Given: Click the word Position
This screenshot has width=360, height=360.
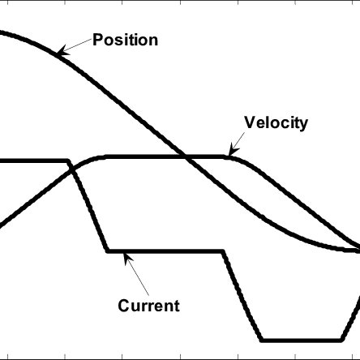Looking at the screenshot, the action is [x=126, y=40].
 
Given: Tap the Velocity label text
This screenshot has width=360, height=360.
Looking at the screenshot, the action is [x=276, y=123].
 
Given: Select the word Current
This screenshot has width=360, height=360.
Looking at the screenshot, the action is [x=148, y=306].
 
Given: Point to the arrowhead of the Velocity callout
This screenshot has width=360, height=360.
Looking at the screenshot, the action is [x=234, y=151].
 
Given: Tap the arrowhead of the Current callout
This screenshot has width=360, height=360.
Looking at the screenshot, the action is [x=127, y=258].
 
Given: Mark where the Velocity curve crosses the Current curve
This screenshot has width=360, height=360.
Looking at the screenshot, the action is [x=71, y=169].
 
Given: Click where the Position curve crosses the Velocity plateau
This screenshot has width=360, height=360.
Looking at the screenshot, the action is [x=186, y=156].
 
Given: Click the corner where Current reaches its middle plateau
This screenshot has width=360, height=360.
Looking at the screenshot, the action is [x=108, y=251].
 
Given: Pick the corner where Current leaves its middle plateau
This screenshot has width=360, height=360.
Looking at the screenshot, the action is [x=223, y=251].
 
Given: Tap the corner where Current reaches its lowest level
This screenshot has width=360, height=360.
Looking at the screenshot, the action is [x=262, y=340].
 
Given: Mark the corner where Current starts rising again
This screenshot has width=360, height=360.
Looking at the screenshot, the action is [x=342, y=340].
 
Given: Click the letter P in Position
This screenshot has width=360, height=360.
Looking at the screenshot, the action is [x=97, y=40].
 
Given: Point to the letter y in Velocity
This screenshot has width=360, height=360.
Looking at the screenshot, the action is [x=304, y=126].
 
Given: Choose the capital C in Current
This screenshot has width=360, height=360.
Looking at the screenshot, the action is [x=123, y=306].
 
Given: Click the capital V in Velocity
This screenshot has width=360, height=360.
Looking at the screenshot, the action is [x=250, y=122].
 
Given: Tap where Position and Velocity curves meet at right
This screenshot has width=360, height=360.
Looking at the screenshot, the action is [x=358, y=250].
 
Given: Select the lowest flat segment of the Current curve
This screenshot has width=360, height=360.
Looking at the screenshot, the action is [x=302, y=340].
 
